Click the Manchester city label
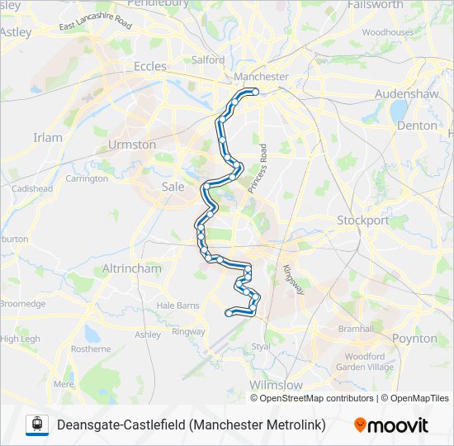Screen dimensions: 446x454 [261, 77]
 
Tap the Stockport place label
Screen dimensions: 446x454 [362, 221]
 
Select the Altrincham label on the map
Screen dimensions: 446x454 [130, 269]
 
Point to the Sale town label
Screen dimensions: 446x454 [173, 187]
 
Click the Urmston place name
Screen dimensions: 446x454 [131, 145]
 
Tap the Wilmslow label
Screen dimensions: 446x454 [276, 385]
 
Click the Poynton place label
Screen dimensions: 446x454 [414, 339]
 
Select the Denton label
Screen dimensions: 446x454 [417, 126]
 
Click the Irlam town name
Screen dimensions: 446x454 [48, 137]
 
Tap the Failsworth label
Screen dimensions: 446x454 [400, 5]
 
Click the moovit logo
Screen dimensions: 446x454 [391, 425]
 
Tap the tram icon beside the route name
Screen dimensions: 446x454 [35, 425]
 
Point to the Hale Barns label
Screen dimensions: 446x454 [177, 305]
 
